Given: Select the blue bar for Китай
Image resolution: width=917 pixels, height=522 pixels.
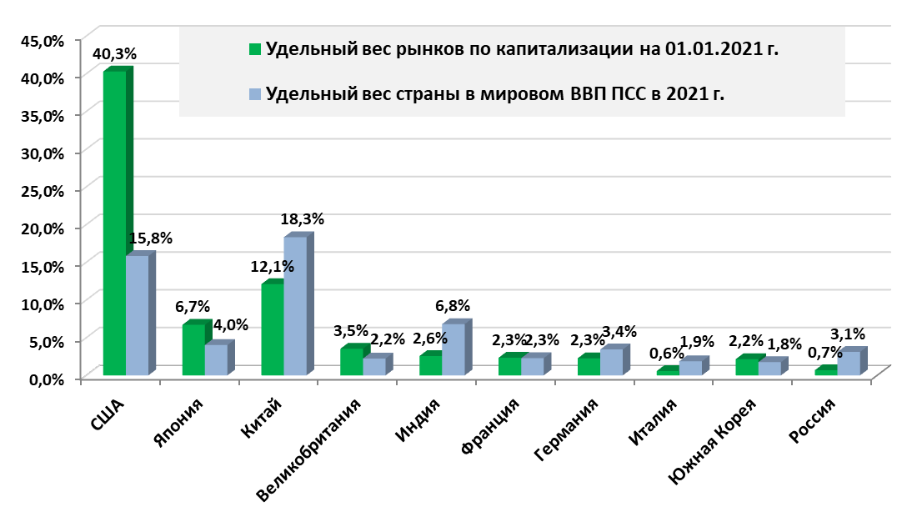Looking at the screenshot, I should [295, 306].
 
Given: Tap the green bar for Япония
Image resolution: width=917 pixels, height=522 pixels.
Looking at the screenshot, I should [193, 349].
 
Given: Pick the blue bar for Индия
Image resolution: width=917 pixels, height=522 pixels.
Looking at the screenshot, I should [453, 349].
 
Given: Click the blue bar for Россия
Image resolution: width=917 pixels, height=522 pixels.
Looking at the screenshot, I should [849, 364].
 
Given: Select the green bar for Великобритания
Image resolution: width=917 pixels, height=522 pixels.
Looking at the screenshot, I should [352, 362].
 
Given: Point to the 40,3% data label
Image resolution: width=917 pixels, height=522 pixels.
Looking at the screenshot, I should [114, 53].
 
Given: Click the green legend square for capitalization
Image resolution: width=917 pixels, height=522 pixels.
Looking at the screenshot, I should [257, 48].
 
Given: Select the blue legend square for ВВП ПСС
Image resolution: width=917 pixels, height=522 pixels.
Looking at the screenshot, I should [257, 93].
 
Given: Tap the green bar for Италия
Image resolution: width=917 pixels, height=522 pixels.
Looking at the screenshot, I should [668, 372].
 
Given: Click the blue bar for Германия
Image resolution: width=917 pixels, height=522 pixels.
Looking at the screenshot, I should [611, 362].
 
